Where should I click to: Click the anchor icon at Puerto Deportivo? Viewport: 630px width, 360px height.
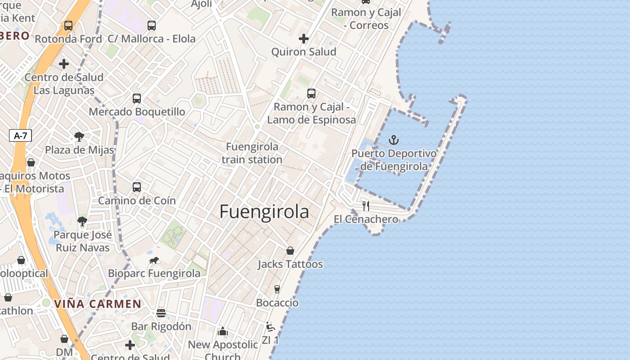click(x=394, y=140)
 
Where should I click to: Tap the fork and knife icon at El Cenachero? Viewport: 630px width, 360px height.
click(x=366, y=206)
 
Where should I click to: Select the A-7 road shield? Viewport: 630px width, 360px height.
click(x=20, y=135)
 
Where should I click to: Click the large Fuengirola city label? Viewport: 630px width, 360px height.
click(x=264, y=212)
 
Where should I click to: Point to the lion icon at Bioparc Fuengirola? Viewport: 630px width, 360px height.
click(x=154, y=261)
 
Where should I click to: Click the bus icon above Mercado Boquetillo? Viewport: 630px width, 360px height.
click(x=137, y=98)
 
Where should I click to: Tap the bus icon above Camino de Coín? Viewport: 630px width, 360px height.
click(x=137, y=187)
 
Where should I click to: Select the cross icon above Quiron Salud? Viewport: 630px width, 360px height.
click(x=304, y=39)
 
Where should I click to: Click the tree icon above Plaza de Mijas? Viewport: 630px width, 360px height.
click(x=79, y=136)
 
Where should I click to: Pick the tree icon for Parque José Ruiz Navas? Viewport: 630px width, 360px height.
click(x=82, y=221)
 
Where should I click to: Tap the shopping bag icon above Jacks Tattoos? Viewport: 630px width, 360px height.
click(x=290, y=251)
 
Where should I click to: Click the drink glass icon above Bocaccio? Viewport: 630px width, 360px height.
click(x=277, y=289)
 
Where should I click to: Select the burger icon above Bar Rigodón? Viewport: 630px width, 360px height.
click(x=161, y=313)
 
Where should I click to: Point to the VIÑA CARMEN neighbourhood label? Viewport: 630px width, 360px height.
click(x=98, y=304)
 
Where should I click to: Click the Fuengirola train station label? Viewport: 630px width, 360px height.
click(x=252, y=153)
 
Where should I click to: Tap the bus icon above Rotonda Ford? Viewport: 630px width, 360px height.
click(x=68, y=26)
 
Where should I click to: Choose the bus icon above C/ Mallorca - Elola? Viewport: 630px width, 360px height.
click(x=152, y=26)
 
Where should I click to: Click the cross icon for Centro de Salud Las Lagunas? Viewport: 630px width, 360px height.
click(x=64, y=64)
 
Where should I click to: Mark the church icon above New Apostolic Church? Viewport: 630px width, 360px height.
click(x=223, y=332)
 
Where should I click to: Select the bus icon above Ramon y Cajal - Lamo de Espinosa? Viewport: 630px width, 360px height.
click(x=311, y=94)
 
